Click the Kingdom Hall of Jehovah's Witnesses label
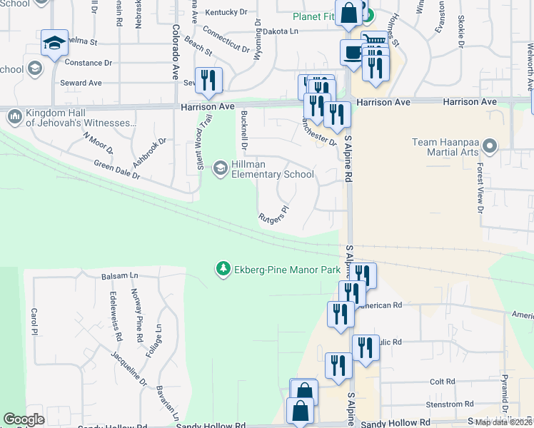80,118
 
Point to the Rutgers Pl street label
273,215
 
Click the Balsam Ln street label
119,275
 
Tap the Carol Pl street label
34,317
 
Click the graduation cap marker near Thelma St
54,44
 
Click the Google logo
24,419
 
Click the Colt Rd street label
443,382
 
